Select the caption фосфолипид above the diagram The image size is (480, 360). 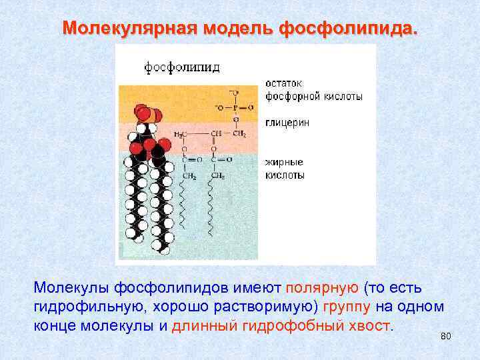click(x=182, y=67)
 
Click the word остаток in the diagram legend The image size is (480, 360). click(x=283, y=84)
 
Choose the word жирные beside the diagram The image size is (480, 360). click(x=284, y=162)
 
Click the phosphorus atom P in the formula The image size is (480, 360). click(x=235, y=107)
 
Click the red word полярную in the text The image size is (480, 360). click(x=323, y=287)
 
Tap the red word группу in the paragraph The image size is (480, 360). click(x=347, y=307)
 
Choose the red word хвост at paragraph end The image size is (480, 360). click(x=372, y=326)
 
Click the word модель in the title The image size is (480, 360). click(x=238, y=29)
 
